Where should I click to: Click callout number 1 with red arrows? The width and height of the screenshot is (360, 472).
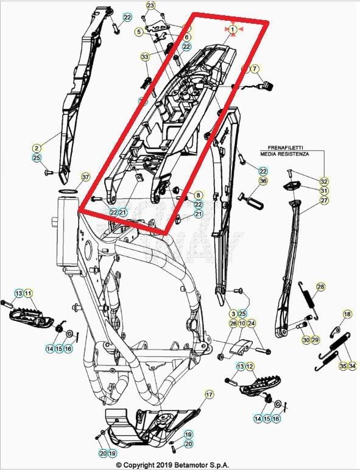pyautogui.click(x=233, y=29)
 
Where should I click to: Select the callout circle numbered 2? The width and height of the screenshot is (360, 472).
pyautogui.click(x=37, y=148)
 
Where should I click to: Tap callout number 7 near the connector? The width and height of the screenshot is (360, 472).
pyautogui.click(x=255, y=69)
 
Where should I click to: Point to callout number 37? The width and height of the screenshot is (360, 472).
pyautogui.click(x=85, y=177)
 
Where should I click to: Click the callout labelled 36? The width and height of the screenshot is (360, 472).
pyautogui.click(x=263, y=181)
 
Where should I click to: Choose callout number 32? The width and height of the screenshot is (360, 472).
pyautogui.click(x=324, y=181)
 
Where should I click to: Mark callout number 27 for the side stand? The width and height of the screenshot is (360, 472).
pyautogui.click(x=324, y=200)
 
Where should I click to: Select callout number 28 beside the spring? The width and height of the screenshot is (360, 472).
pyautogui.click(x=320, y=287)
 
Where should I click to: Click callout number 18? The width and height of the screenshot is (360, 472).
pyautogui.click(x=347, y=314)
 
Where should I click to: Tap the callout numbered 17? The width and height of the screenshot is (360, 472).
pyautogui.click(x=209, y=395)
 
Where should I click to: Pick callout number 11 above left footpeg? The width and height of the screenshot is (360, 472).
pyautogui.click(x=28, y=294)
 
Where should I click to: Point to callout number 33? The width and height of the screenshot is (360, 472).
pyautogui.click(x=144, y=57)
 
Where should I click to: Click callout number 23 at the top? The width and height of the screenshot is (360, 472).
pyautogui.click(x=151, y=5)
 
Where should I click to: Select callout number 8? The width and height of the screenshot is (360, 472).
pyautogui.click(x=198, y=195)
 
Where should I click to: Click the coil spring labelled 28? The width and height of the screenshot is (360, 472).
pyautogui.click(x=310, y=303)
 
